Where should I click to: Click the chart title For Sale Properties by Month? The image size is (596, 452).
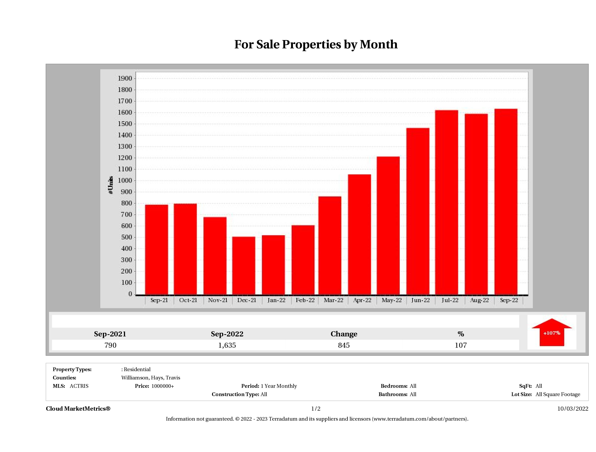tap(316, 44)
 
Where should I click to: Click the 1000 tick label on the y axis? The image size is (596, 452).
tap(125, 180)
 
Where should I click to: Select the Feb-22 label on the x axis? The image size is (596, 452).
tap(305, 300)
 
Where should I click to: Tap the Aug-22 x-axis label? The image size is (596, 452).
tap(479, 300)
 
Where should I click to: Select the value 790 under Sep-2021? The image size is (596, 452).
tap(110, 345)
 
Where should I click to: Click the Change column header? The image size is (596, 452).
tap(344, 334)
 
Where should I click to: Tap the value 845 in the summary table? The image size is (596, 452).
tap(344, 345)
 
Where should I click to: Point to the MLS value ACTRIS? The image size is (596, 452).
tap(79, 386)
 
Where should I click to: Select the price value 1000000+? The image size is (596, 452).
tap(163, 386)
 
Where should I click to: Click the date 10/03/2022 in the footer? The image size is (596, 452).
tap(573, 409)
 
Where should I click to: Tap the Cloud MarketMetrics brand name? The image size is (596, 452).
tap(78, 409)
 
